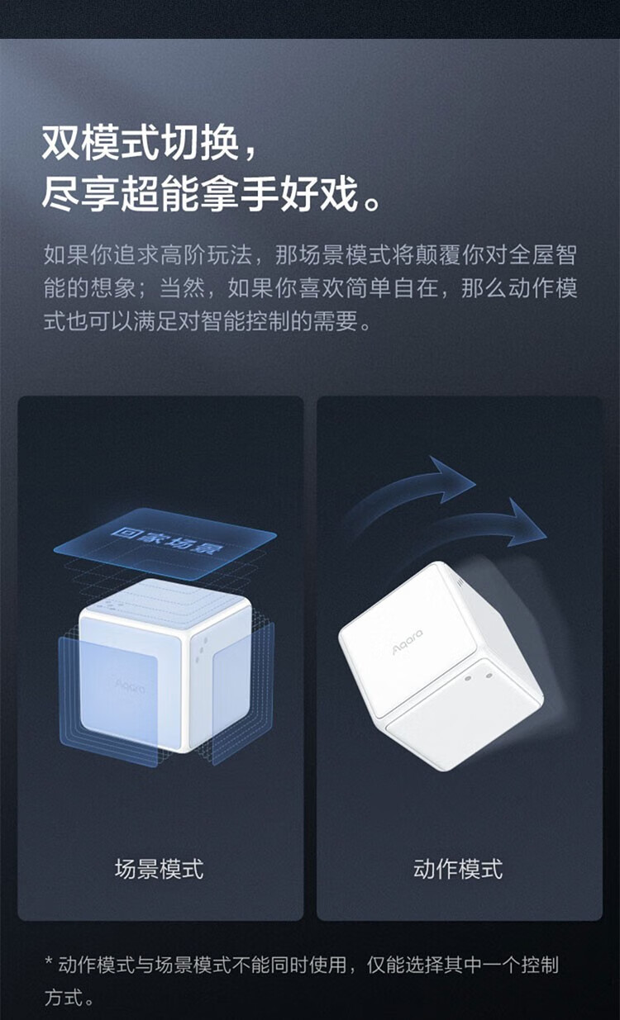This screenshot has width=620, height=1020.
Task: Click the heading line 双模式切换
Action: click(x=141, y=143)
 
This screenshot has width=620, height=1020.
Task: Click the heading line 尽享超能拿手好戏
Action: click(x=200, y=194)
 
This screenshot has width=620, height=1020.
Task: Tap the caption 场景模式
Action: click(x=159, y=869)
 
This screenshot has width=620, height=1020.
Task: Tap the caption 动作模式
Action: click(x=458, y=869)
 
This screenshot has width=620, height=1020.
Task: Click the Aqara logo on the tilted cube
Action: click(x=408, y=642)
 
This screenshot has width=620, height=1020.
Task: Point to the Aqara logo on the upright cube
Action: click(x=131, y=686)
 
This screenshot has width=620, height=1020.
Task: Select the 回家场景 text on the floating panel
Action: click(x=165, y=539)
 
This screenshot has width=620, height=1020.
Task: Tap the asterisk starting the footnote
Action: click(x=50, y=962)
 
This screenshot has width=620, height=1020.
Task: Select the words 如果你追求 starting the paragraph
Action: click(x=101, y=254)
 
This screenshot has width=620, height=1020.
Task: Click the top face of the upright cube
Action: click(x=165, y=602)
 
